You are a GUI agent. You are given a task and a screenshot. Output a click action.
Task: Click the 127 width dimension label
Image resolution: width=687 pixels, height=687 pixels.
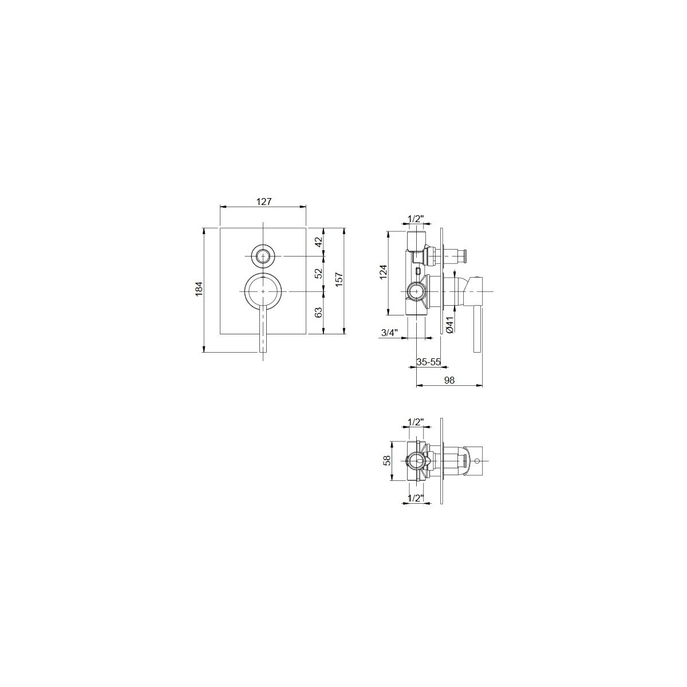click(264, 202)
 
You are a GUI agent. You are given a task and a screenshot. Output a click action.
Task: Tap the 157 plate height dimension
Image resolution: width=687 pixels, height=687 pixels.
click(339, 280)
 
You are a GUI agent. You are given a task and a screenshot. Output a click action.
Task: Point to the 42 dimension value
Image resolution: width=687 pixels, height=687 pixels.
click(319, 242)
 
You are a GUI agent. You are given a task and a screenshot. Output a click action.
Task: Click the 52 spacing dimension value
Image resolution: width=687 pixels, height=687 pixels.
click(319, 273)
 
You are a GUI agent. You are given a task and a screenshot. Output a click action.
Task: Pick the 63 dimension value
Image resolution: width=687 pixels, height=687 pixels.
click(319, 313)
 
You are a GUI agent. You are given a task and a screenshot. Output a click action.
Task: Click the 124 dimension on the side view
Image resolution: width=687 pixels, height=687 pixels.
click(382, 272)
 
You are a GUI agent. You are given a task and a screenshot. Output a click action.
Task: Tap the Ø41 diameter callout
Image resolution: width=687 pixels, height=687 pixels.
click(449, 325)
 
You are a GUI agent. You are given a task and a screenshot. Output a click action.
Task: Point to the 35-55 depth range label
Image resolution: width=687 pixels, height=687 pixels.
click(429, 362)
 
